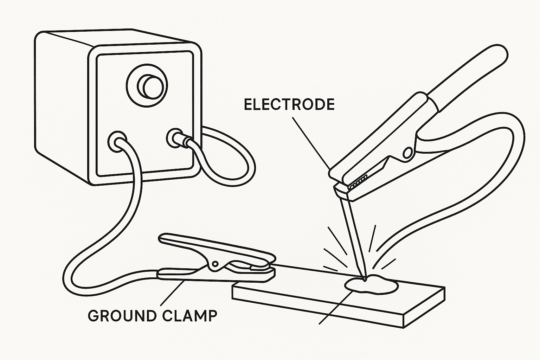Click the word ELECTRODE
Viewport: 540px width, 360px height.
click(x=289, y=105)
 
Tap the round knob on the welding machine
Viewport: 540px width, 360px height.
click(x=147, y=85)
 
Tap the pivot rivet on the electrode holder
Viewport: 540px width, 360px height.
click(x=408, y=153)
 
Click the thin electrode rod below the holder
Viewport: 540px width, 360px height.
click(x=353, y=236)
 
